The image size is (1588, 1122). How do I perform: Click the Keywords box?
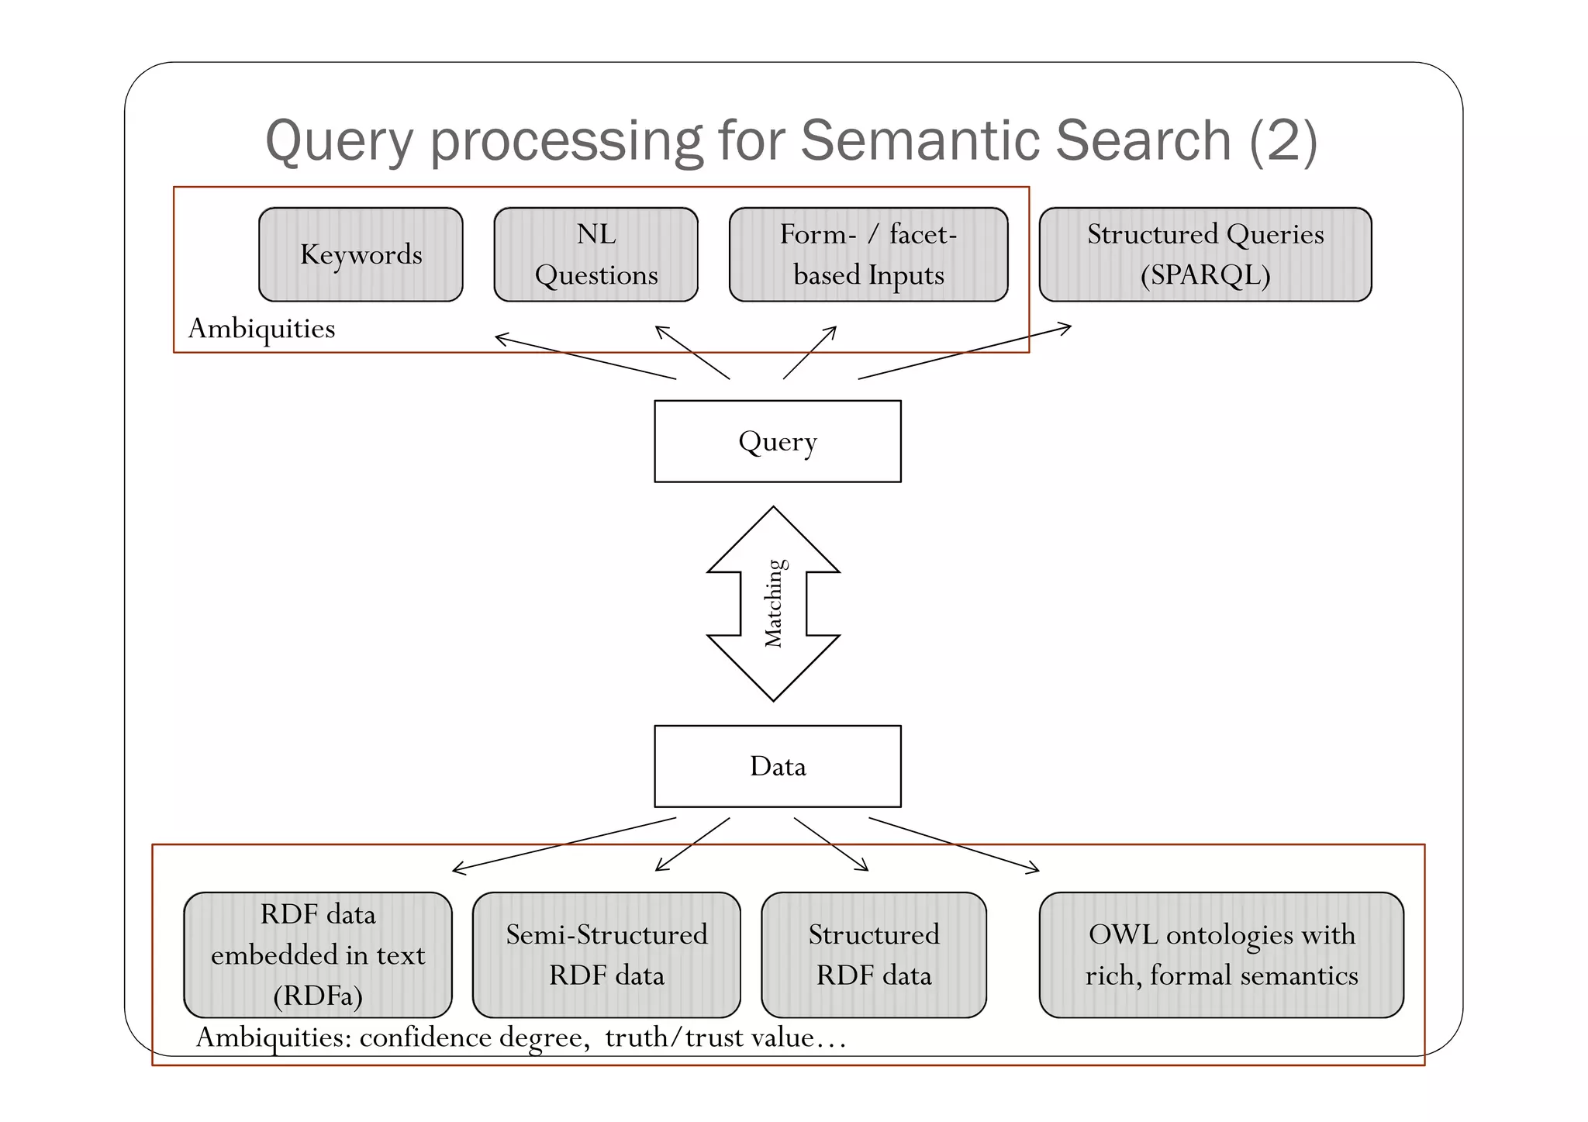(x=361, y=254)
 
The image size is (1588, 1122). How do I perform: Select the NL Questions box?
(x=595, y=254)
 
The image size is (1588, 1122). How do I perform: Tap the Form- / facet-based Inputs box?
(x=868, y=254)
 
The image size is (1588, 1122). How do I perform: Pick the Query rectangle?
(x=778, y=441)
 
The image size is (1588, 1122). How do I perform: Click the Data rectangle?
(x=778, y=766)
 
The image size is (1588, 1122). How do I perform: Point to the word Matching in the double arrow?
(x=774, y=603)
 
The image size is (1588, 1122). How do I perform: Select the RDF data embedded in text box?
(x=318, y=955)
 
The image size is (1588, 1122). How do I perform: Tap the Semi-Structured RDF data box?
(x=606, y=955)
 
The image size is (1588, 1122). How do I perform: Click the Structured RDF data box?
(x=874, y=955)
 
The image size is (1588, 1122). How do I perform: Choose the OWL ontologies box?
(x=1221, y=955)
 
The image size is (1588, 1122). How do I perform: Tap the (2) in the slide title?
(x=1282, y=140)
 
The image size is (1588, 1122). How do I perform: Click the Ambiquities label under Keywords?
(x=261, y=328)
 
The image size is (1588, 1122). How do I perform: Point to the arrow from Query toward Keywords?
(x=585, y=357)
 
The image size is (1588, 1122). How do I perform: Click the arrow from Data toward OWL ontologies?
(x=954, y=844)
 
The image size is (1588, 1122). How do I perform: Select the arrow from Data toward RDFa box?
(x=564, y=844)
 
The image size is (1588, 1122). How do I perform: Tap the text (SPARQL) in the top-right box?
(x=1205, y=275)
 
